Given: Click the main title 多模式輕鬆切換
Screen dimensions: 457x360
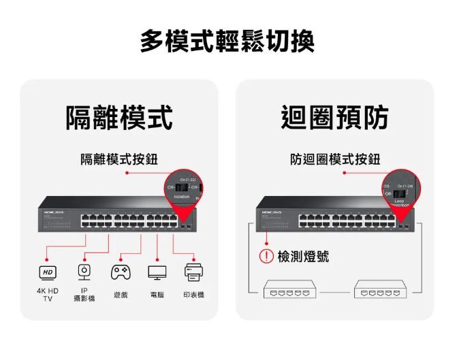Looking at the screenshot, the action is coord(228,42).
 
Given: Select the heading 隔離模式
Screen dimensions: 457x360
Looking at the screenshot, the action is coord(119,117).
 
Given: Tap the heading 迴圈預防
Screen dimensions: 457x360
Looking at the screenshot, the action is coord(334,117).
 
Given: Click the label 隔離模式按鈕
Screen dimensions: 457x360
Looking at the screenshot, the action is coord(119,159).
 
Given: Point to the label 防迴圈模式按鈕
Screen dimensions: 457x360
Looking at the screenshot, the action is coord(335,159).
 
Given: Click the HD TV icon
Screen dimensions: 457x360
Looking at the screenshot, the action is coord(47,273).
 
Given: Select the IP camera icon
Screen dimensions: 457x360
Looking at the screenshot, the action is coord(84,272).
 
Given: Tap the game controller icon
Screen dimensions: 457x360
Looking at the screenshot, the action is coord(121,272).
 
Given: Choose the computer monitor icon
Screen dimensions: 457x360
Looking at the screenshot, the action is coord(157,273).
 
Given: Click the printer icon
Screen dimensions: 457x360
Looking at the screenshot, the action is coord(194,273).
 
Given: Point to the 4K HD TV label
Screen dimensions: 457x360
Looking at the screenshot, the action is coord(48,295).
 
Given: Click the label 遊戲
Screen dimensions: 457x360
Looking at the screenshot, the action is coord(121,295).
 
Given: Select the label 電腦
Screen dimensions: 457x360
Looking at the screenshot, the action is coord(157,295).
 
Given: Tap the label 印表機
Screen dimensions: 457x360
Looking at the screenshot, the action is coord(194,295).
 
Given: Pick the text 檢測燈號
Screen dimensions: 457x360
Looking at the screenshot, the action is coord(303,257).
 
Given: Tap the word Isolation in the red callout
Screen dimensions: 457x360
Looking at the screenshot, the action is coord(182,197).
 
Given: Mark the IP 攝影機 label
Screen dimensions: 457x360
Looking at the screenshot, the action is coord(84,295).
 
